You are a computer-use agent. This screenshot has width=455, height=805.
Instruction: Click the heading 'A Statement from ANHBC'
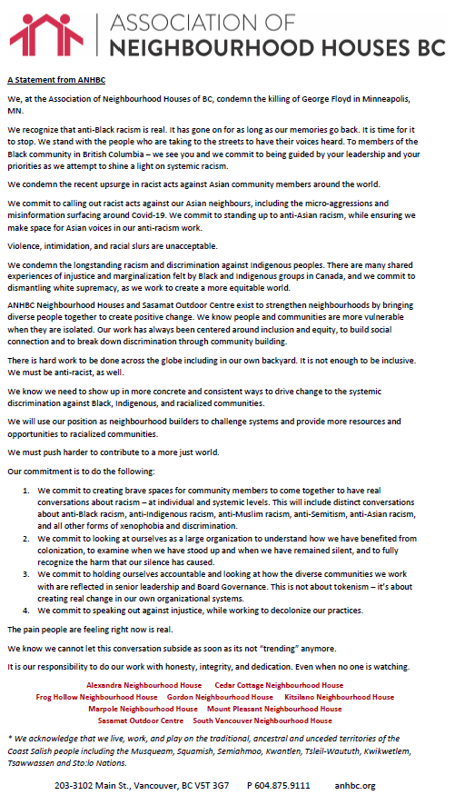pyautogui.click(x=51, y=80)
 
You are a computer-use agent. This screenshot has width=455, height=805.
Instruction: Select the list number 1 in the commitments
pyautogui.click(x=26, y=490)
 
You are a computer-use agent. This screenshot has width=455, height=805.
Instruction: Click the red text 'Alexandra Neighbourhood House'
pyautogui.click(x=143, y=685)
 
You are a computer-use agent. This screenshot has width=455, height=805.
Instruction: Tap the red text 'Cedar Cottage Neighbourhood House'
pyautogui.click(x=279, y=685)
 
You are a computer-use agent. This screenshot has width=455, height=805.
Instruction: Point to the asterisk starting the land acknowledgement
pyautogui.click(x=8, y=738)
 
